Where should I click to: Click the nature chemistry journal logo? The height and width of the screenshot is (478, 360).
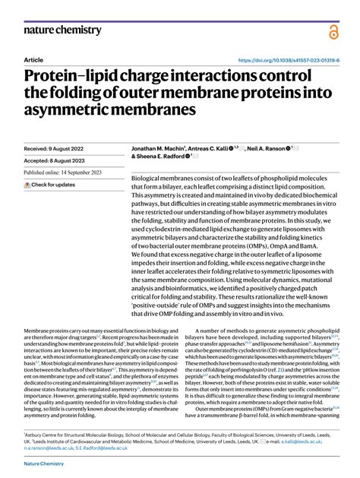62,30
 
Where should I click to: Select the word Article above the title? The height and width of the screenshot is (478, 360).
34,59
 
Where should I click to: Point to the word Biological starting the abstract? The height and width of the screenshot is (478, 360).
149,178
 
